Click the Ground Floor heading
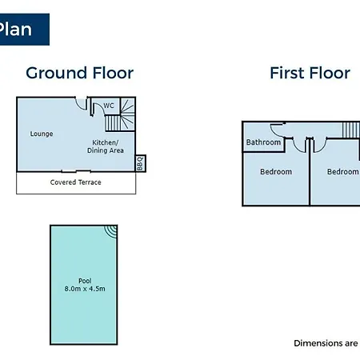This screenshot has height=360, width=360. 79,74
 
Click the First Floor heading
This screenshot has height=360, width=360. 310,73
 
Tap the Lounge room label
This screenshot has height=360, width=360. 42,134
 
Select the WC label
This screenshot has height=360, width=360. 109,106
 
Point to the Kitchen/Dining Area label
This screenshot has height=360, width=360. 106,146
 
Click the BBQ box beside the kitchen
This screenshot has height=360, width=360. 140,163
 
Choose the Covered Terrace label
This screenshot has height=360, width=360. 75,182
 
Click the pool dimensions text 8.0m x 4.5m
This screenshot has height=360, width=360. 85,289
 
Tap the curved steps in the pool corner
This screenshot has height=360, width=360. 111,231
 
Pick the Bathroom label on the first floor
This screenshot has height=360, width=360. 263,142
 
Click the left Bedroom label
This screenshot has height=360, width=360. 276,171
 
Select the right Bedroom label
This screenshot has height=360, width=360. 343,171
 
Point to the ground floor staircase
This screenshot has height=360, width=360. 120,115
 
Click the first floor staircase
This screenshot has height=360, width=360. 351,130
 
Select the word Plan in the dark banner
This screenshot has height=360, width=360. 15,30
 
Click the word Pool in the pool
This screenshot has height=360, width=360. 85,281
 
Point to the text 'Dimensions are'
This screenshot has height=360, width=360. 326,343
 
